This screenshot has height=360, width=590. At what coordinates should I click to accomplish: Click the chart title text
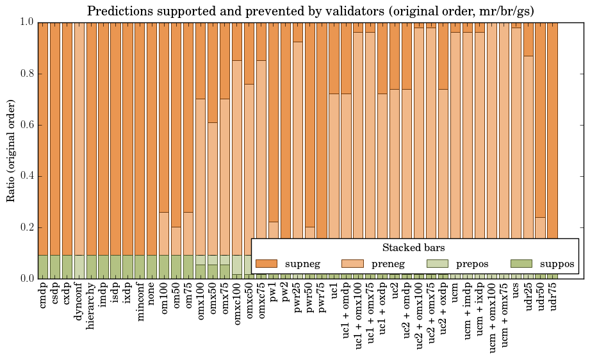click(311, 11)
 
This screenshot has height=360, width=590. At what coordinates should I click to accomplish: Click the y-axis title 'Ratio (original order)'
click(11, 150)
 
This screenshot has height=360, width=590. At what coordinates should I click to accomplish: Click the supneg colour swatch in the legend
click(266, 264)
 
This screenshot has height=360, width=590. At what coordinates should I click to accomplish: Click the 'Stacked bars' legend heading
click(414, 247)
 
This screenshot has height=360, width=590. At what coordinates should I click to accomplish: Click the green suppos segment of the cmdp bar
click(44, 266)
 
